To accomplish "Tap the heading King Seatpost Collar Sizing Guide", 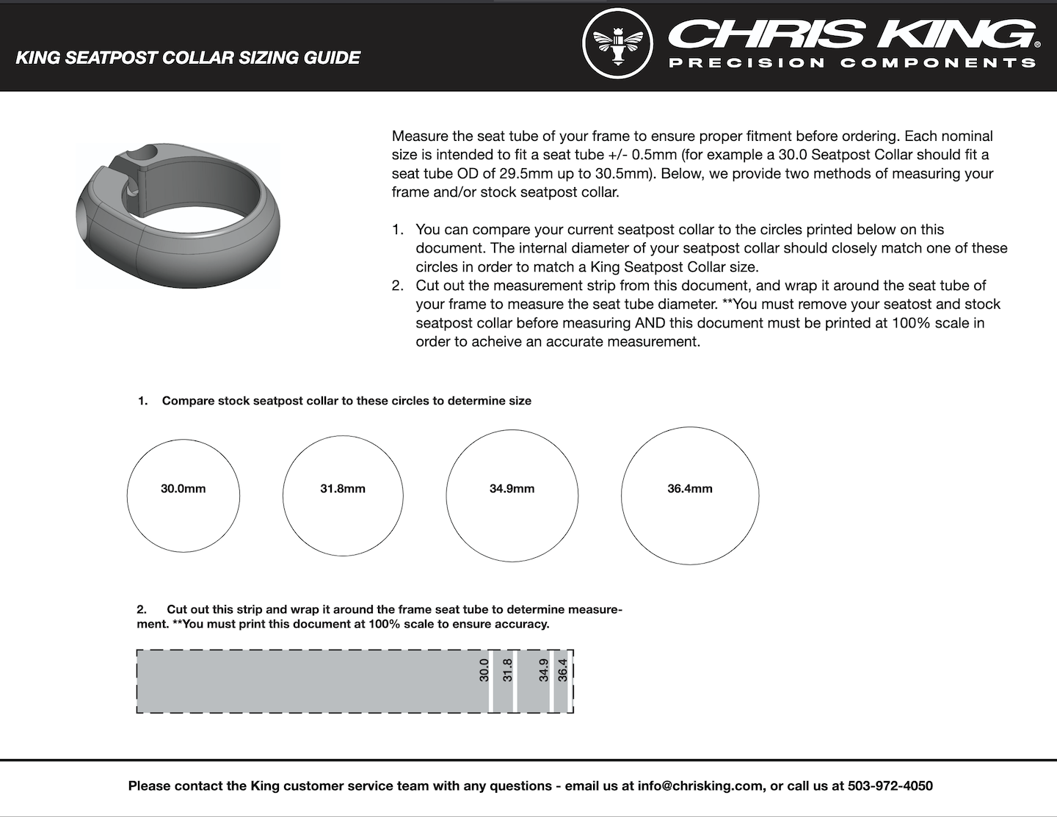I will [188, 58].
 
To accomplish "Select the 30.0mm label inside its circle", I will [184, 489].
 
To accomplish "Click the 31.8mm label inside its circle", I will [343, 489].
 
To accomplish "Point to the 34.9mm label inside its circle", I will [512, 489].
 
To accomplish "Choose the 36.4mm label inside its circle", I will [690, 489].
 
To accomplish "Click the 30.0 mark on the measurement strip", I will [484, 670].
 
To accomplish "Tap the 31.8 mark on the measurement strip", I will [508, 670].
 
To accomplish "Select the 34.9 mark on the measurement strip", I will [544, 670].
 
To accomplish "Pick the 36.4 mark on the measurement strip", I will [563, 670].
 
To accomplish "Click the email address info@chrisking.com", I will [700, 786].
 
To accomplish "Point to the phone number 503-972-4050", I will [890, 786].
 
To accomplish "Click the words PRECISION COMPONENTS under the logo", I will [852, 63].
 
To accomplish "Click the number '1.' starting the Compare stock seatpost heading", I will [143, 402].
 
